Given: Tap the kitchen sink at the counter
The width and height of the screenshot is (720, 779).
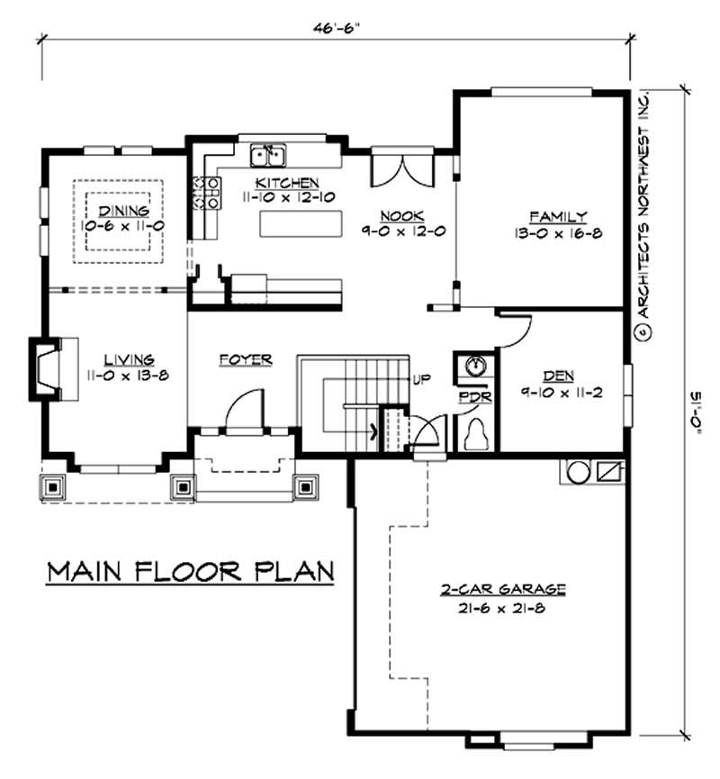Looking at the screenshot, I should click(x=267, y=157).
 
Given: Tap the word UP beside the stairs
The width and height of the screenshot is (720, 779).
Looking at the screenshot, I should click(x=420, y=380).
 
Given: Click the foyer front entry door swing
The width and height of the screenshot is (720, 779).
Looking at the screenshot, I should click(x=243, y=410).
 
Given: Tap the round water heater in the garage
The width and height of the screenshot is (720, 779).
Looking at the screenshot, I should click(x=577, y=471).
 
